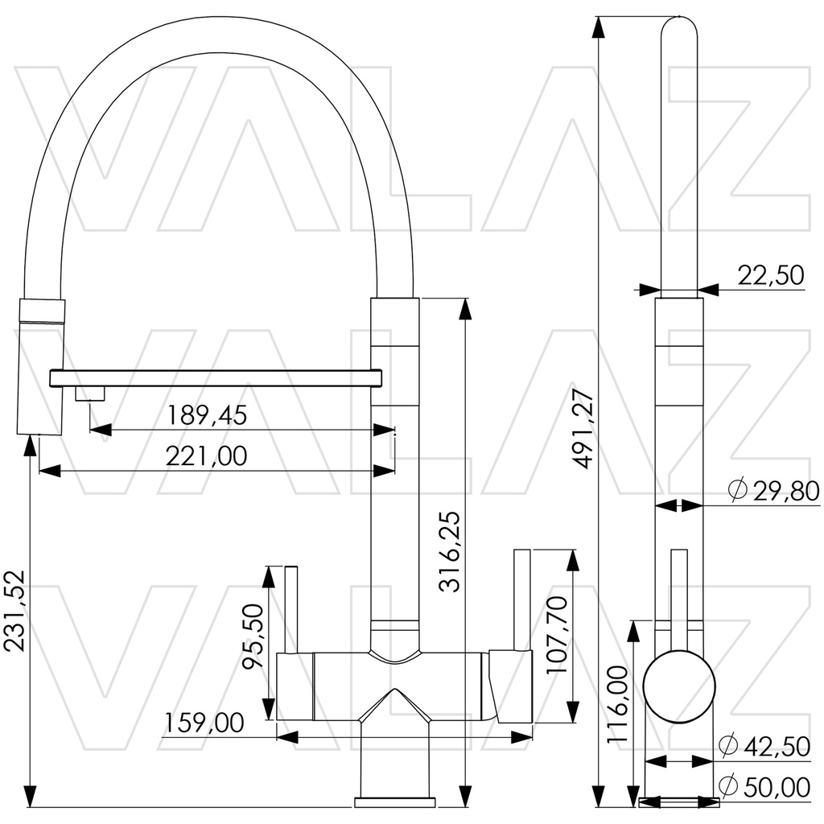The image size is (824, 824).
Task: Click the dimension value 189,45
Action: (207, 414)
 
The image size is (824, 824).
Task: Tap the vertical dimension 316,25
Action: (451, 551)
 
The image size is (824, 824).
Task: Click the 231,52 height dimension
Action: (14, 611)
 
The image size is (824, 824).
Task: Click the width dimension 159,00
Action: (204, 723)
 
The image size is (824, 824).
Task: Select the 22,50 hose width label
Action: (771, 276)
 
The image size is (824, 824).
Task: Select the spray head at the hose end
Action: (40, 366)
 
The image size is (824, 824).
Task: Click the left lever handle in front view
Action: (291, 608)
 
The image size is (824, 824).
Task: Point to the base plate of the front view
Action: (396, 801)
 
